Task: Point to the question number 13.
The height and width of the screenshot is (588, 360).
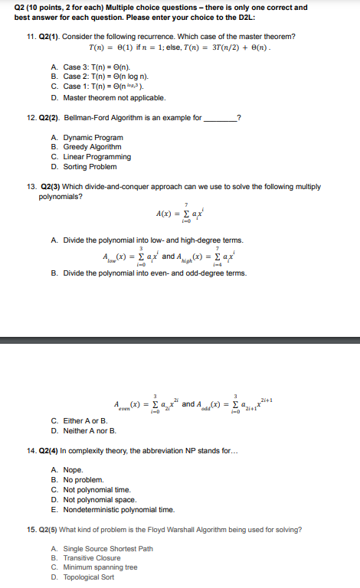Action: click(30, 186)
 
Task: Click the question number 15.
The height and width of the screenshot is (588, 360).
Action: click(30, 529)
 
